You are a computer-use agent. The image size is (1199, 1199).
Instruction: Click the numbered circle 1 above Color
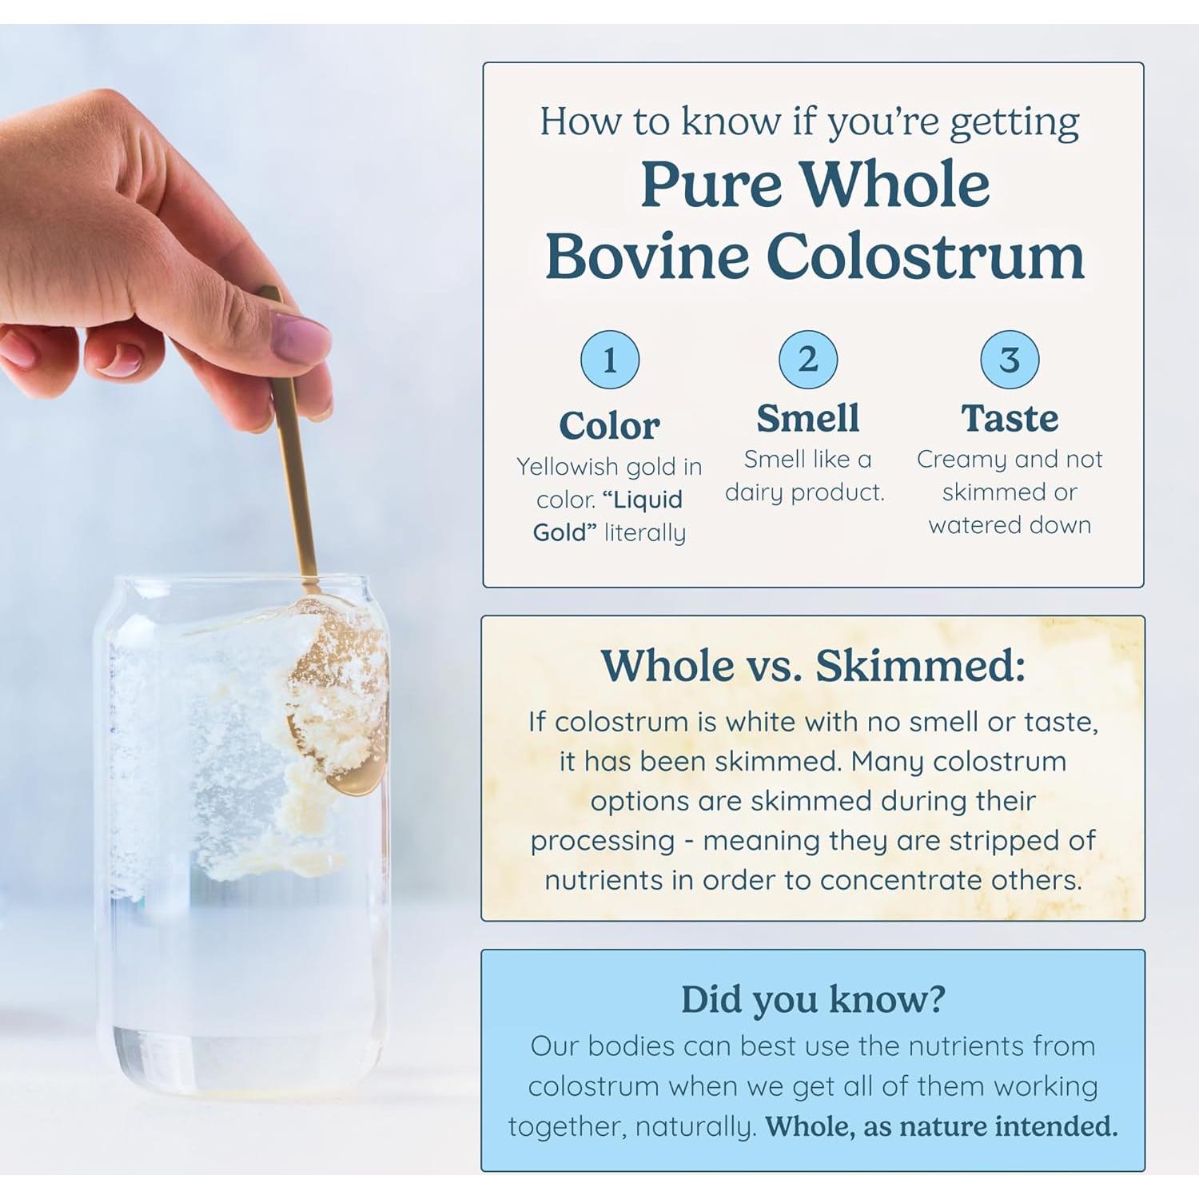pyautogui.click(x=610, y=360)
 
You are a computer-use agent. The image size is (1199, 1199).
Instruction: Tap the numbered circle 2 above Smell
pyautogui.click(x=808, y=360)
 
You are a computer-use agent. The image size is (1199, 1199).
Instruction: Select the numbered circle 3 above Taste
pyautogui.click(x=1010, y=360)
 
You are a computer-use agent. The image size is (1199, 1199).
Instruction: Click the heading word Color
pyautogui.click(x=609, y=425)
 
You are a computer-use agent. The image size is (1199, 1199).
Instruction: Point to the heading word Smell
pyautogui.click(x=808, y=417)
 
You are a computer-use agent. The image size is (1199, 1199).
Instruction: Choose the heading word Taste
pyautogui.click(x=1010, y=418)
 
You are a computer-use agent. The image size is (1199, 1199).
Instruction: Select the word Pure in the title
pyautogui.click(x=711, y=184)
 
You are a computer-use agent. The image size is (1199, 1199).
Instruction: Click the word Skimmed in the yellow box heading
pyautogui.click(x=919, y=665)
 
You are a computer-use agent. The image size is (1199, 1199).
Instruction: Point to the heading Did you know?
pyautogui.click(x=813, y=998)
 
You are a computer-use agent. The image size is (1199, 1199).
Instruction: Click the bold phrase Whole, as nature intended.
pyautogui.click(x=942, y=1126)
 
